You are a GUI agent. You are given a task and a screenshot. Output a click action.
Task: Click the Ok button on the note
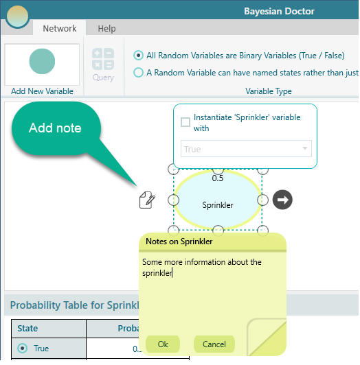click(163, 344)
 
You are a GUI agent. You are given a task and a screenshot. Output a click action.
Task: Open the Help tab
click(106, 28)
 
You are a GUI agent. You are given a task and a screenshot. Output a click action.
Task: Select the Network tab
click(60, 28)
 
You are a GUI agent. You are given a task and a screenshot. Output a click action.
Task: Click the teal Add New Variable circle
click(42, 61)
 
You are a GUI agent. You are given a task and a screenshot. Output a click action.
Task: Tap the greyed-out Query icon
click(103, 59)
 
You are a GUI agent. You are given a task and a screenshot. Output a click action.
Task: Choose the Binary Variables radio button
click(138, 56)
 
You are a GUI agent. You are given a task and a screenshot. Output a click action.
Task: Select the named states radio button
click(138, 73)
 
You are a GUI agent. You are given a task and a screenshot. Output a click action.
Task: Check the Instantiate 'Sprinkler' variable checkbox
click(185, 122)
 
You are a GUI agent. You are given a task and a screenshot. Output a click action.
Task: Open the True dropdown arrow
click(304, 148)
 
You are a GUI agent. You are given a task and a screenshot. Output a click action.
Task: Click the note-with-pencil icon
click(147, 200)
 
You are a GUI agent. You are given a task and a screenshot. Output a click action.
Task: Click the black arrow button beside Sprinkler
click(282, 200)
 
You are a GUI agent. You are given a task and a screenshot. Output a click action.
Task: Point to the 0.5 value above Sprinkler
click(218, 178)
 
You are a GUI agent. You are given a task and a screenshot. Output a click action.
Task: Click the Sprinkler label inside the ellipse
click(218, 205)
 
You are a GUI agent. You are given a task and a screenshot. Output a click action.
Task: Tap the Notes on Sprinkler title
click(179, 242)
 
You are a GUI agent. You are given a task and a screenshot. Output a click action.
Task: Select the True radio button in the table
click(23, 349)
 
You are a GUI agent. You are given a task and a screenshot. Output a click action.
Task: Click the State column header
click(27, 328)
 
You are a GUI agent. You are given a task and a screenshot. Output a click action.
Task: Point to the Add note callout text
click(55, 128)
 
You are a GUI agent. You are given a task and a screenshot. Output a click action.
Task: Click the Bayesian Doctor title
click(279, 11)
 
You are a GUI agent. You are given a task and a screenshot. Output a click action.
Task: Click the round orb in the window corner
click(17, 16)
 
